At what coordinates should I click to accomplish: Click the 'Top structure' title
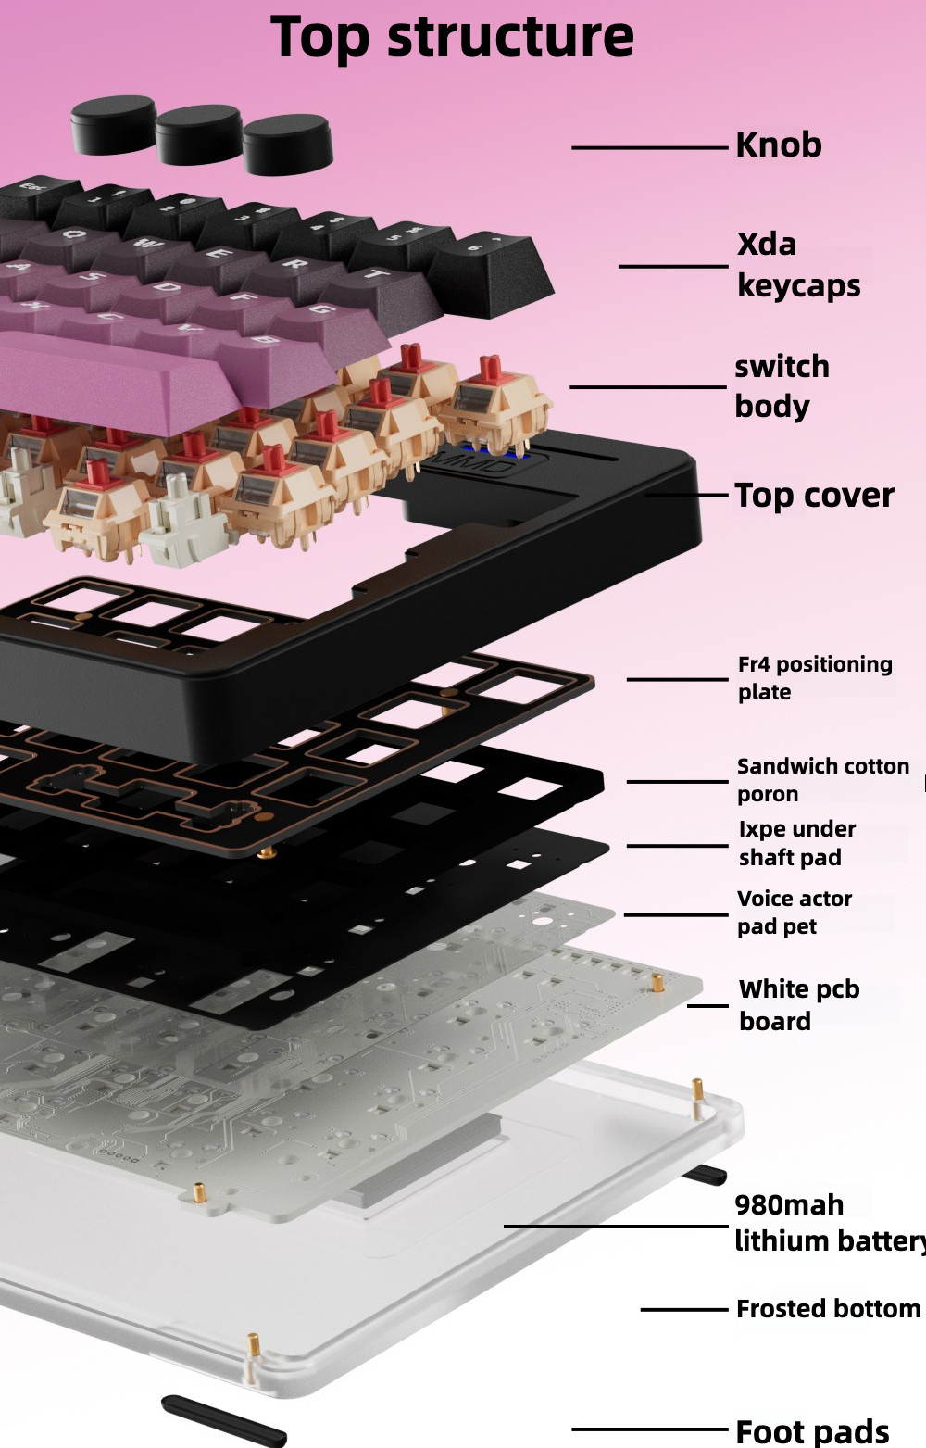tap(452, 37)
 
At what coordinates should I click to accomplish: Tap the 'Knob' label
tap(779, 145)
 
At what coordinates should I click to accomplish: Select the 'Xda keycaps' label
tap(799, 266)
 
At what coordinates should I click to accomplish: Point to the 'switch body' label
tap(782, 386)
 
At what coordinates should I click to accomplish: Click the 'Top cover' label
tap(814, 495)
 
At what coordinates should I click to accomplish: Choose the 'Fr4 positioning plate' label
tap(815, 678)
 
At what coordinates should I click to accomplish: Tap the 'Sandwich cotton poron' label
tap(823, 780)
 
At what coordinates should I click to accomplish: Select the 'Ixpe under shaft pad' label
tap(796, 843)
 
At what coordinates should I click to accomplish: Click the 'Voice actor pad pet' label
tap(795, 913)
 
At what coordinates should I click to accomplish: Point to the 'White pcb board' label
tap(799, 1005)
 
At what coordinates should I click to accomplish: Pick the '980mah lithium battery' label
tap(831, 1223)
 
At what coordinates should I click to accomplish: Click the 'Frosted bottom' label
tap(829, 1309)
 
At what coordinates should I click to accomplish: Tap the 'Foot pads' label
tap(812, 1431)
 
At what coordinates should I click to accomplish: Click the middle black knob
tap(200, 135)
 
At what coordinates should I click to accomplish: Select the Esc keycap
tap(33, 196)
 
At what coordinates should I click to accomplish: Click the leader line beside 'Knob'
tap(650, 148)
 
